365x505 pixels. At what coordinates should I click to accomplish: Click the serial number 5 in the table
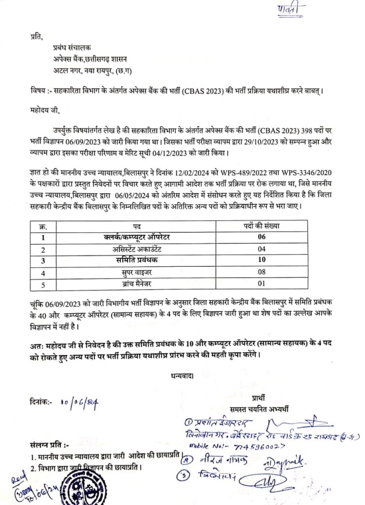click(42, 284)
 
